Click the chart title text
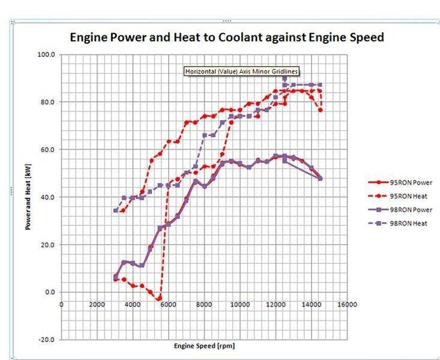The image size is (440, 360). coord(227,37)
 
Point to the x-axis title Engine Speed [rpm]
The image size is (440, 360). coord(203,346)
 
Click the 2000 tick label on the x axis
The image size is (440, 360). coord(97,304)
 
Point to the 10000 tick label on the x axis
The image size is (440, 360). coord(240,304)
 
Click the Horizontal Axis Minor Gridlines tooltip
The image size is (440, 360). coord(242,71)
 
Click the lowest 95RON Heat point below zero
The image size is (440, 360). coord(159,298)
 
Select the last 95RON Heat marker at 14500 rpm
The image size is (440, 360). coord(321,110)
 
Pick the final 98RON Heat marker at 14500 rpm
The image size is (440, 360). coord(321,85)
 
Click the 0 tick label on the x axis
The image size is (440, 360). coord(62,304)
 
